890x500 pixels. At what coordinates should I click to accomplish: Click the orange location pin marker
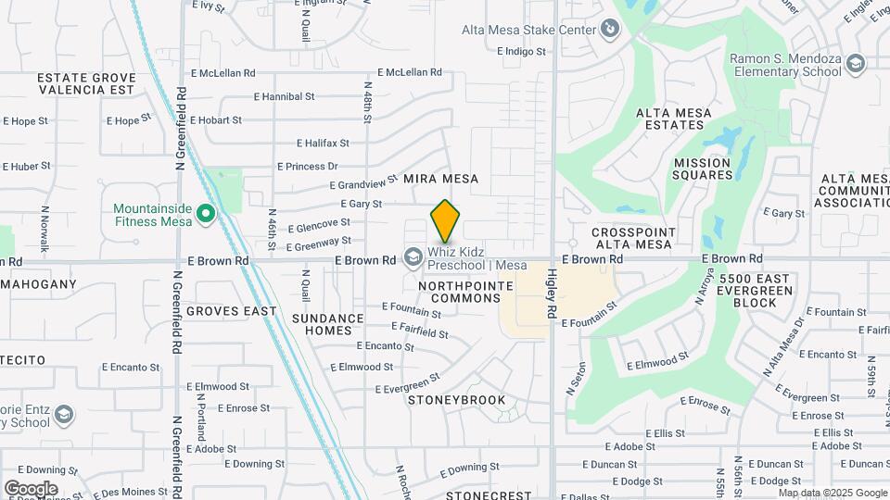click(x=446, y=221)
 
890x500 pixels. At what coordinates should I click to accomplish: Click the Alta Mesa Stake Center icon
click(x=610, y=31)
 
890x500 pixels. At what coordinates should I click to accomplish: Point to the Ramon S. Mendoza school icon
click(x=855, y=64)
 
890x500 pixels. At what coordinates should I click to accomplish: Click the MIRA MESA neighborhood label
click(x=440, y=179)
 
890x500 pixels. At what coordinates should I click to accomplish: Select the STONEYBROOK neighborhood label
click(x=457, y=400)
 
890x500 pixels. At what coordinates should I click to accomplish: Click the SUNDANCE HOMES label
click(x=328, y=324)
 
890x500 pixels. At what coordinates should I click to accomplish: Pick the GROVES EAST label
click(x=231, y=311)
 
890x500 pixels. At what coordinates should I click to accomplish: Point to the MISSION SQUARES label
click(x=702, y=169)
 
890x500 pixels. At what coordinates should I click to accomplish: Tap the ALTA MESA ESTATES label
click(x=674, y=119)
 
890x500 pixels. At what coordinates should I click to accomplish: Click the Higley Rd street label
click(x=551, y=294)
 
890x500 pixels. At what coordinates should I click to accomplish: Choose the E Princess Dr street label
click(x=308, y=167)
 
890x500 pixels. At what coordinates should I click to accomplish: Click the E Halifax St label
click(x=323, y=144)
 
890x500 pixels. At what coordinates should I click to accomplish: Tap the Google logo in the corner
click(x=31, y=488)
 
